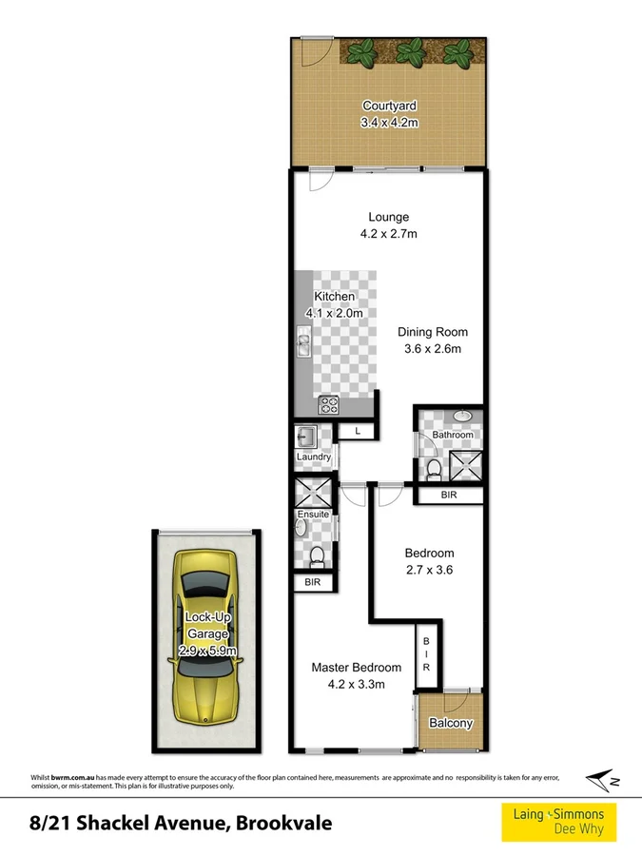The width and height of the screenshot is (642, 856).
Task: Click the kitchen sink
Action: [x=303, y=340]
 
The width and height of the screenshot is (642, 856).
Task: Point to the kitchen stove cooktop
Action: [x=329, y=404]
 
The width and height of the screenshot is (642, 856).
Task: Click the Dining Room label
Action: [x=433, y=332]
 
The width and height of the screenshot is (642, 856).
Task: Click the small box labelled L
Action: [x=358, y=432]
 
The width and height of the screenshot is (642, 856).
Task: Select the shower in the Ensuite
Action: [x=315, y=494]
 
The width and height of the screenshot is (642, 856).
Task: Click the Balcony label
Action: [x=452, y=724]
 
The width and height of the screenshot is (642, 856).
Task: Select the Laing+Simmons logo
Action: [x=558, y=821]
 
